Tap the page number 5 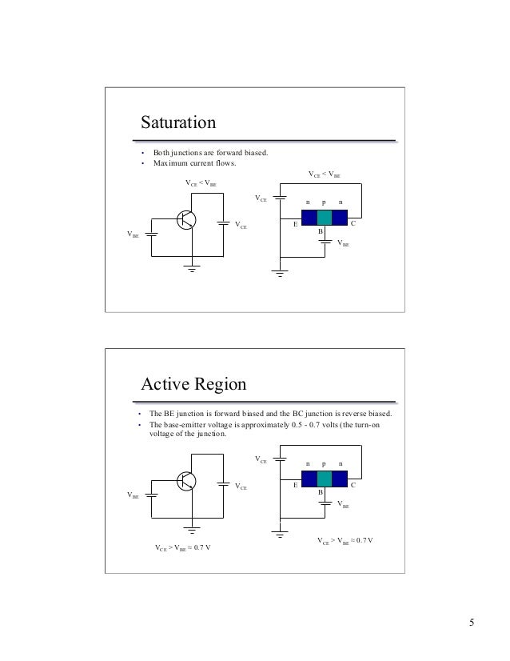click(x=472, y=623)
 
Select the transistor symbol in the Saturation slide click(x=186, y=220)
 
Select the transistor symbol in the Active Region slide click(x=186, y=481)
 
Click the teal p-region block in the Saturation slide click(x=325, y=218)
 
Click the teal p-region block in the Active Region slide click(x=325, y=479)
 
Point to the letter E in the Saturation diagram click(x=295, y=225)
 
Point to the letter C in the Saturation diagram click(x=353, y=225)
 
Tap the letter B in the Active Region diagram click(x=320, y=493)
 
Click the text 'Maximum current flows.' click(x=195, y=165)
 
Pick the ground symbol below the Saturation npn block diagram click(x=280, y=274)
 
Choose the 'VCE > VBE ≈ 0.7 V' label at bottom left click(x=183, y=548)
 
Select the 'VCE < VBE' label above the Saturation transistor click(x=201, y=183)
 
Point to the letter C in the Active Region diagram click(x=353, y=486)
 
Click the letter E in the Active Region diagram click(x=295, y=486)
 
